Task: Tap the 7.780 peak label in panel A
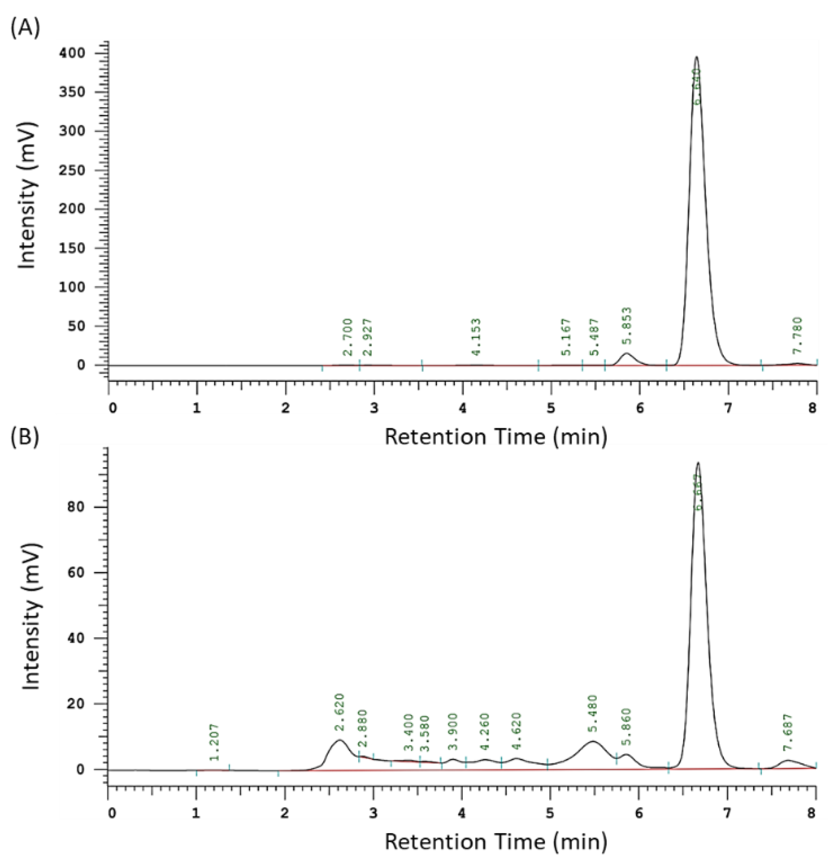click(797, 335)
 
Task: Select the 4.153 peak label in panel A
click(476, 337)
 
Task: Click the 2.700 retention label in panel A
click(347, 337)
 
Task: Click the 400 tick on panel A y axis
click(78, 54)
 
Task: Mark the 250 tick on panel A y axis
click(78, 170)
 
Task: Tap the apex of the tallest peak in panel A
click(696, 57)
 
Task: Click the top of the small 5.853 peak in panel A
click(626, 353)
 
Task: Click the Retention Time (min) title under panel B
click(496, 842)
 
